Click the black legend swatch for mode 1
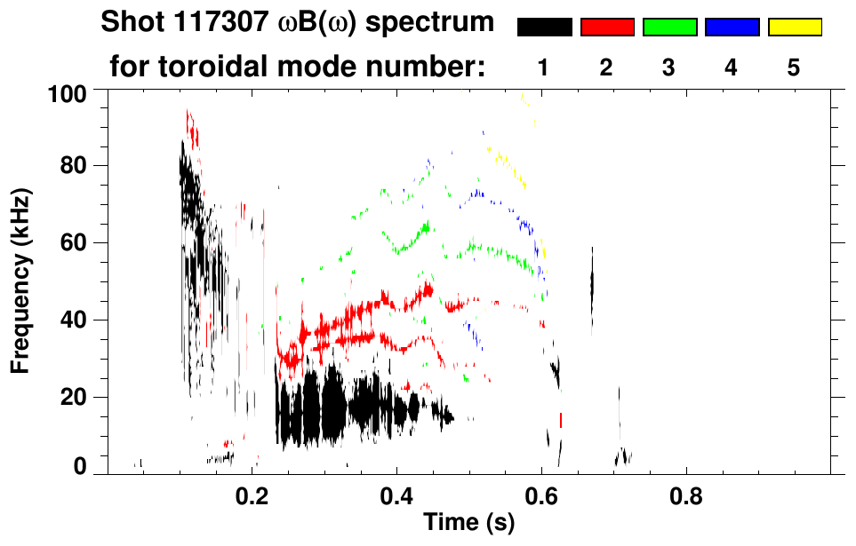(544, 28)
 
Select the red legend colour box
(607, 28)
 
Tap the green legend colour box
(669, 28)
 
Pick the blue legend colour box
(732, 28)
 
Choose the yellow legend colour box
(795, 28)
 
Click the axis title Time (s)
(468, 523)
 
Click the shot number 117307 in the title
(212, 22)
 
